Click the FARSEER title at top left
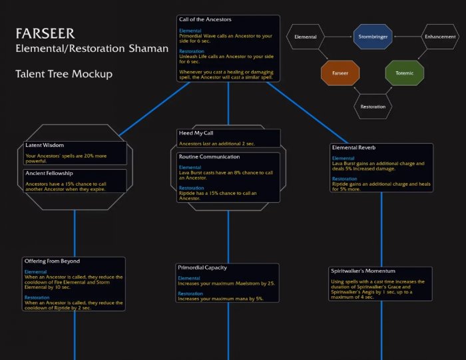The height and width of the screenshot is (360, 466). coord(45,33)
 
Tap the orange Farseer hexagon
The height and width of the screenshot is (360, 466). coord(340,72)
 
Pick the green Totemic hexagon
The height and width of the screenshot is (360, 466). coord(404,72)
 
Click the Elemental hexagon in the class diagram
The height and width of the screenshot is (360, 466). coord(306,37)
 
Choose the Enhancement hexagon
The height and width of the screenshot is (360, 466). coord(440,37)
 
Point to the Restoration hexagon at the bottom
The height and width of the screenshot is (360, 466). coord(372,106)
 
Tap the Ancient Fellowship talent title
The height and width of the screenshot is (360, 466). coord(50,173)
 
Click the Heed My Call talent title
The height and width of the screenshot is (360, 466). coord(196,133)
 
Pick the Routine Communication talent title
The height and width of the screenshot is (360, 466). coord(210,156)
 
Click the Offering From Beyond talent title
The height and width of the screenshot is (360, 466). coord(52,261)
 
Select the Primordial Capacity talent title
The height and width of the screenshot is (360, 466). coord(202,267)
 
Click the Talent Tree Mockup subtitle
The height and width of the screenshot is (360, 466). coord(65,74)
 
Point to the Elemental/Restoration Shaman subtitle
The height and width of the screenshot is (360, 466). coord(92,49)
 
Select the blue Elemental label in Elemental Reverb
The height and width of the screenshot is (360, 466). coord(345,158)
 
